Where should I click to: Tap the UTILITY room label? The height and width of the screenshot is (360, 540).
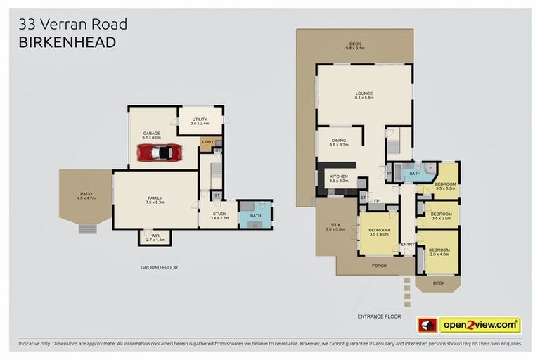(200, 121)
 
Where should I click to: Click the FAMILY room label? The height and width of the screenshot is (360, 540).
(155, 199)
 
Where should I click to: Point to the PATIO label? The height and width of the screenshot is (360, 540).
(85, 195)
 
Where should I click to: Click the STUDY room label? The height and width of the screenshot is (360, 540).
(219, 215)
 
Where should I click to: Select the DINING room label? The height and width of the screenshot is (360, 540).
(339, 141)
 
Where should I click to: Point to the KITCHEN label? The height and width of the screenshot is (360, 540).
(339, 177)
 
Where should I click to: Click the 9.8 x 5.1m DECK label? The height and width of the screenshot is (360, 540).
(354, 45)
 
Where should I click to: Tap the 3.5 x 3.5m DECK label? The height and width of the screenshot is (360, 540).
(334, 226)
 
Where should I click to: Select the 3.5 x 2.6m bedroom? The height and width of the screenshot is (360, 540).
(441, 215)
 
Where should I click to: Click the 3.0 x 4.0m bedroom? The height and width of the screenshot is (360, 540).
(439, 252)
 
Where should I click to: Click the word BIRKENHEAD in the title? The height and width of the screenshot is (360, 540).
(67, 43)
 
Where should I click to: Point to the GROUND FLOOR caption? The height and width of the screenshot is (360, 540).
(160, 268)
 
